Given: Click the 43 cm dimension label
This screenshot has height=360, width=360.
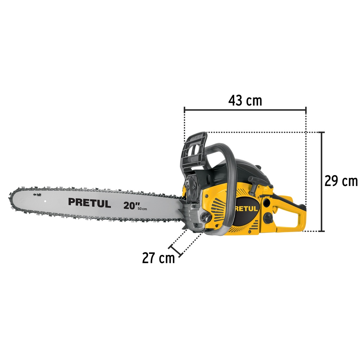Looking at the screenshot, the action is (245, 101).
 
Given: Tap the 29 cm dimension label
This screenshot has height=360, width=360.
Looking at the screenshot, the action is (341, 181).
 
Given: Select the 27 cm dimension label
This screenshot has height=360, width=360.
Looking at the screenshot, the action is (159, 258).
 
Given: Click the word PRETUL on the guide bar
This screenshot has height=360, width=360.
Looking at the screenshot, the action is (90, 203).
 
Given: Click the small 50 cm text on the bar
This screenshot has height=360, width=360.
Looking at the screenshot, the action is (142, 209).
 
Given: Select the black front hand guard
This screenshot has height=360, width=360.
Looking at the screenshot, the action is (193, 152).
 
